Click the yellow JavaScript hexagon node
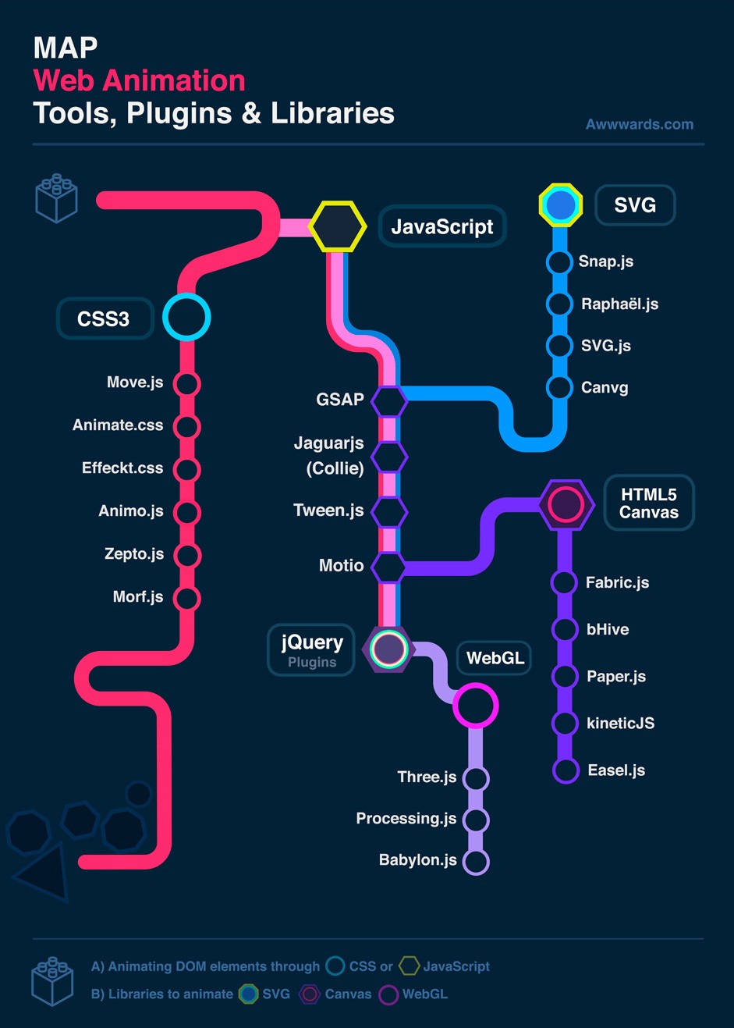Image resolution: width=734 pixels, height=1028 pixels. [337, 226]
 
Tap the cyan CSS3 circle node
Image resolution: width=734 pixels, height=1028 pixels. [187, 318]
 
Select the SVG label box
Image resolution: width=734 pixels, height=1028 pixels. [634, 205]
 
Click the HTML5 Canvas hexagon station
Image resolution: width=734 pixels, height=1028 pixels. [566, 504]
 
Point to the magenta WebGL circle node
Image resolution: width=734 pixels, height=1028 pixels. [475, 706]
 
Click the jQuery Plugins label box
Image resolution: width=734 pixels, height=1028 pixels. [311, 649]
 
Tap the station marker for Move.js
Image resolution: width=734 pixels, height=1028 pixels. [187, 384]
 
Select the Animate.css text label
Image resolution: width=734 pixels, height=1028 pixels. [118, 425]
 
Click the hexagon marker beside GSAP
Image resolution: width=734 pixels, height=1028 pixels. [388, 401]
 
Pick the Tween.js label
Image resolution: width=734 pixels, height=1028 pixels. [328, 510]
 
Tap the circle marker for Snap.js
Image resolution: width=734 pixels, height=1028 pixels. [559, 262]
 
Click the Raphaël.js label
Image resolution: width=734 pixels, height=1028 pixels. [619, 304]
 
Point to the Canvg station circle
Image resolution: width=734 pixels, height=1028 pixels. [559, 387]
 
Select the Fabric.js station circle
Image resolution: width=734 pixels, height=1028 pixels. [564, 582]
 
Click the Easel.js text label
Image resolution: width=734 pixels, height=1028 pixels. [616, 770]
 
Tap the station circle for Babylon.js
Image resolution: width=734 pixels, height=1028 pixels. [476, 862]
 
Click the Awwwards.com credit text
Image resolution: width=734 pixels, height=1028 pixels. [640, 124]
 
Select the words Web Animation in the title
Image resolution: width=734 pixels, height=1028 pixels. [140, 80]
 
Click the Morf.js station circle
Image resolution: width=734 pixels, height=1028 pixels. [187, 599]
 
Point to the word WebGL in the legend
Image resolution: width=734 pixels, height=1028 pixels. [425, 994]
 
